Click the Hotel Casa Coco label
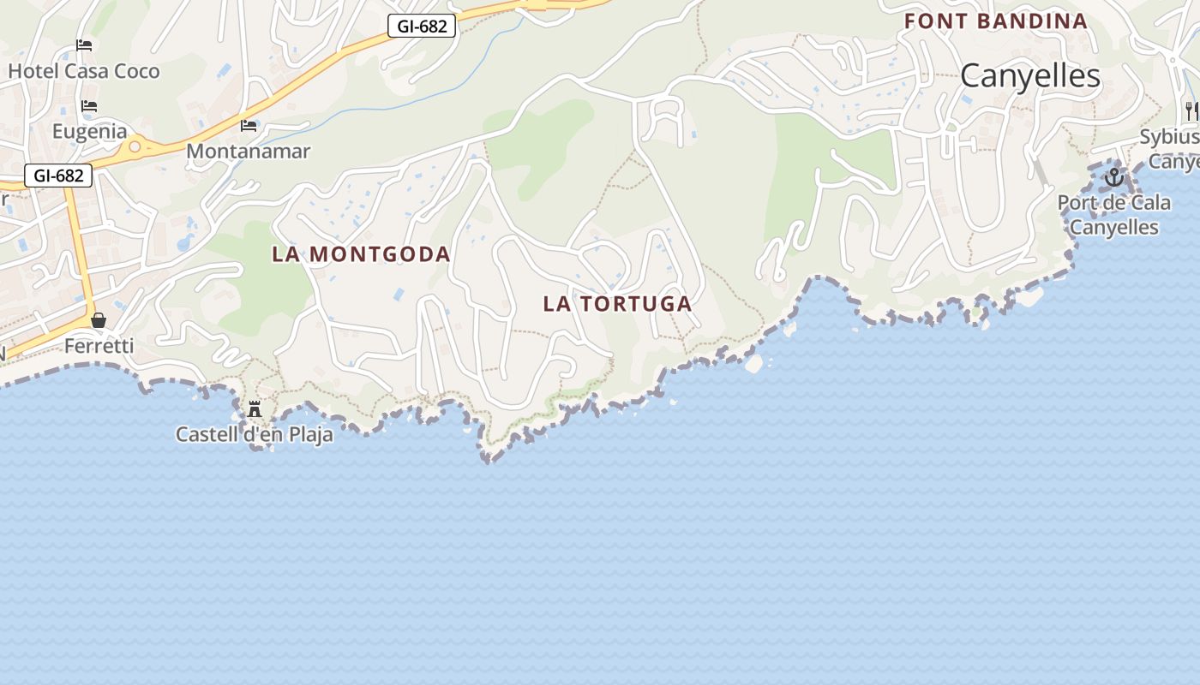point(84,71)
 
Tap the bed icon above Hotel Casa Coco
point(84,45)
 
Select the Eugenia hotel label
point(89,132)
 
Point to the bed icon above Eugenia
point(89,106)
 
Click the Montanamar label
point(248,152)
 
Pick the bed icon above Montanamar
point(249,126)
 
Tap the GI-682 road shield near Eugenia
point(58,176)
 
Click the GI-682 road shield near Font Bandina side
point(422,27)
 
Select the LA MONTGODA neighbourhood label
point(361,254)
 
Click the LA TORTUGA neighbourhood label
point(617,304)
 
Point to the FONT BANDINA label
point(995,21)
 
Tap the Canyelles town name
point(1029,76)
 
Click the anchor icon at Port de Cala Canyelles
point(1113,177)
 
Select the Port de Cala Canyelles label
point(1113,215)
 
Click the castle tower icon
point(255,409)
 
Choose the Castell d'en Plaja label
point(254,435)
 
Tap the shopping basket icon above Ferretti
point(99,320)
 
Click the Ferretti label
point(99,346)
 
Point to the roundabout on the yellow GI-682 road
point(135,147)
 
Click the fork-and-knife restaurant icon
point(1191,110)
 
